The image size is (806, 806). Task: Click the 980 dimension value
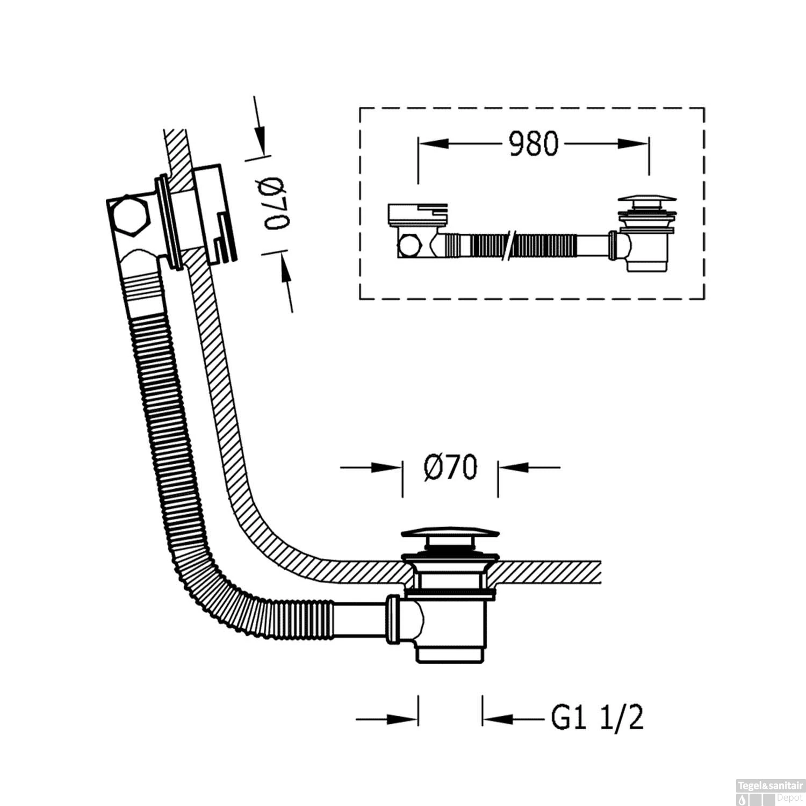(533, 144)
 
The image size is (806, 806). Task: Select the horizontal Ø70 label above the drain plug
(450, 467)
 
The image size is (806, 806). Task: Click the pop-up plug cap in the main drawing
(450, 534)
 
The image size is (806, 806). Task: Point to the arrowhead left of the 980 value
(433, 144)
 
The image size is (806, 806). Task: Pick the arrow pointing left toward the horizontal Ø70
(513, 467)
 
